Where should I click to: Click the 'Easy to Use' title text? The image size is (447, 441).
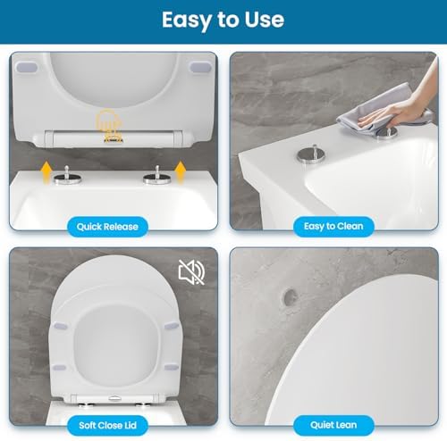click(x=223, y=20)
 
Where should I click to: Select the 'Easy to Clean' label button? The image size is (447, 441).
click(x=332, y=226)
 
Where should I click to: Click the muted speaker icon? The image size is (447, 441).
click(x=190, y=269)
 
